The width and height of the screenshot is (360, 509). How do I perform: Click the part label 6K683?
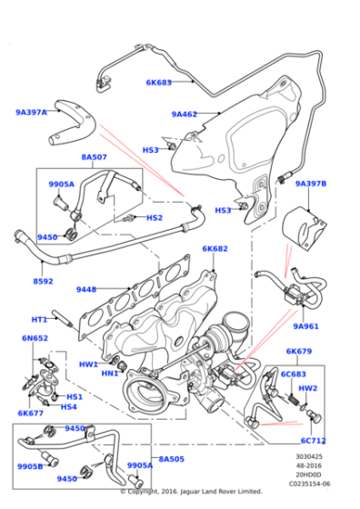159,82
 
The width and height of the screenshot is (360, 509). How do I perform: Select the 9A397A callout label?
31,113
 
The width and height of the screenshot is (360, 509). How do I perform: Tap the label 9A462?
185,115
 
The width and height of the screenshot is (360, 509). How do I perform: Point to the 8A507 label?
95,157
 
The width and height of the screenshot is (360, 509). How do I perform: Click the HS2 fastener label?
155,217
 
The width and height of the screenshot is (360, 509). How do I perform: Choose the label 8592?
44,281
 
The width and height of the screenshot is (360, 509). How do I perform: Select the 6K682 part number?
215,248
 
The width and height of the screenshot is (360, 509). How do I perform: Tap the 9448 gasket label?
86,290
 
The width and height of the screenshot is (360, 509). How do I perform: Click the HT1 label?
39,319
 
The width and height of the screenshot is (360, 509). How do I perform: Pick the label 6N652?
35,338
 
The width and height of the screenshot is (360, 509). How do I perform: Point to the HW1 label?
88,364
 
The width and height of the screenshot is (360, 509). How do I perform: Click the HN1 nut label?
110,373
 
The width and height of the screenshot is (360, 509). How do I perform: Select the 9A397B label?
311,184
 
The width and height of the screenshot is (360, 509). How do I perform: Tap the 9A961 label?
305,325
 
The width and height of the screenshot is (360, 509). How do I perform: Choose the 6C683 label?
293,373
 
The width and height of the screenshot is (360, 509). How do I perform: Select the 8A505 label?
171,459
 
